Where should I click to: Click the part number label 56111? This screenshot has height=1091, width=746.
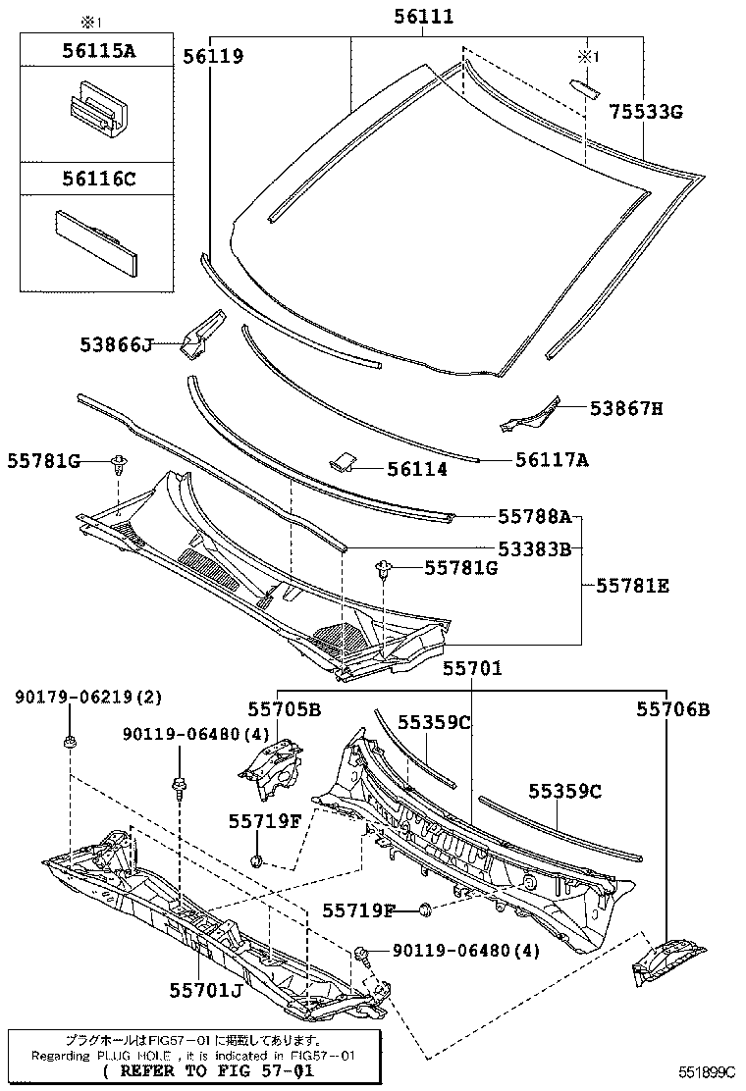[x=424, y=17]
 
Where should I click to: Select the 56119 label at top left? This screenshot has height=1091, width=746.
[x=212, y=57]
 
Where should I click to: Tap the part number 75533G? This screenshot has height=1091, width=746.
[x=645, y=111]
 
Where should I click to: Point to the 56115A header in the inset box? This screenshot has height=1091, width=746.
[x=93, y=51]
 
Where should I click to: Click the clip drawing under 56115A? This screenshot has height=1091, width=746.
[x=95, y=112]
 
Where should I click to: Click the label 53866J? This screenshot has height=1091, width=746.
[x=117, y=344]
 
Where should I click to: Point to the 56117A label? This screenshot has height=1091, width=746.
[x=552, y=459]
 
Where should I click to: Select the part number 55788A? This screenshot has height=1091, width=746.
[x=534, y=516]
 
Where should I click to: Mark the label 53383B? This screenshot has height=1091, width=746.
[x=534, y=549]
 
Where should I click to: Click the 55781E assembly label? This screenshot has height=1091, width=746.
[x=632, y=586]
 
